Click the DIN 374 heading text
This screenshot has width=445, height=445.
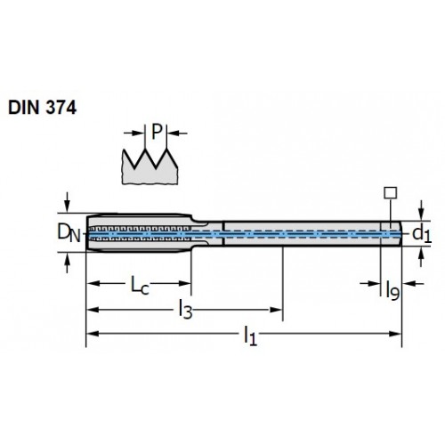pyautogui.click(x=43, y=108)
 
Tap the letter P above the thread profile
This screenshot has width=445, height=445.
pyautogui.click(x=157, y=132)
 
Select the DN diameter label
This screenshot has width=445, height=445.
pyautogui.click(x=69, y=232)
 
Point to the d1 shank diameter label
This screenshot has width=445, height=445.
pyautogui.click(x=422, y=234)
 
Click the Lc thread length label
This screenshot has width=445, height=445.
pyautogui.click(x=140, y=286)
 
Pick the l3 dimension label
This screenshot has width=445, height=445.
pyautogui.click(x=185, y=310)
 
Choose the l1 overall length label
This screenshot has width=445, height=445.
pyautogui.click(x=250, y=336)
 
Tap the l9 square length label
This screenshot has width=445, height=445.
pyautogui.click(x=392, y=290)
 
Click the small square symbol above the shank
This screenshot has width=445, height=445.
pyautogui.click(x=391, y=193)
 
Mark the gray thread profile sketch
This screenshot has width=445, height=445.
pyautogui.click(x=150, y=167)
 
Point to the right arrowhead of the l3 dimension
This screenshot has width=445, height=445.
pyautogui.click(x=276, y=310)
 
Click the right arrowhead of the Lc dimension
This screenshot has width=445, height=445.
pyautogui.click(x=184, y=283)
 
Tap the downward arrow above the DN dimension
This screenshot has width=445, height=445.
pyautogui.click(x=68, y=202)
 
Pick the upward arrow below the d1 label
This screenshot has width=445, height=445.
pyautogui.click(x=421, y=257)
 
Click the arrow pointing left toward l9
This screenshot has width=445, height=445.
pyautogui.click(x=414, y=284)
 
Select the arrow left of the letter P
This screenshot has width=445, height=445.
pyautogui.click(x=134, y=133)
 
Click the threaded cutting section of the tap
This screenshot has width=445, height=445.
pyautogui.click(x=140, y=232)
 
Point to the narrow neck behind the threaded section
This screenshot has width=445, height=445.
pyautogui.click(x=207, y=233)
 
